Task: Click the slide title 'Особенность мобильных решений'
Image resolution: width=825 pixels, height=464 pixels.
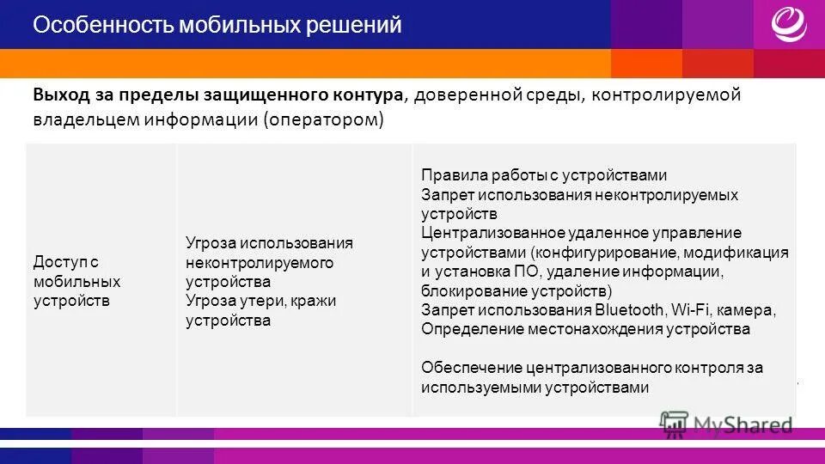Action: (x=217, y=26)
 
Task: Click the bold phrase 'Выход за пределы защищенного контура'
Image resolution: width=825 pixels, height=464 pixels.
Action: (x=218, y=95)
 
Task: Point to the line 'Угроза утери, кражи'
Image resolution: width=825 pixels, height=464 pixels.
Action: (x=261, y=301)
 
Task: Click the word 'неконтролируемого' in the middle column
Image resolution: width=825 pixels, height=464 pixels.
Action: (x=259, y=262)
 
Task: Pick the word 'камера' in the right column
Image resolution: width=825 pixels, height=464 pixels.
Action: (x=750, y=309)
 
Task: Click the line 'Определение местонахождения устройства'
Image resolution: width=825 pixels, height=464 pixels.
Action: (x=585, y=328)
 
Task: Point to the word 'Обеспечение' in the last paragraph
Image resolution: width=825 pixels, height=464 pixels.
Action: (x=462, y=368)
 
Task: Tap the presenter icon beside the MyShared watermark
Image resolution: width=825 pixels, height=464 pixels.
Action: (x=674, y=422)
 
